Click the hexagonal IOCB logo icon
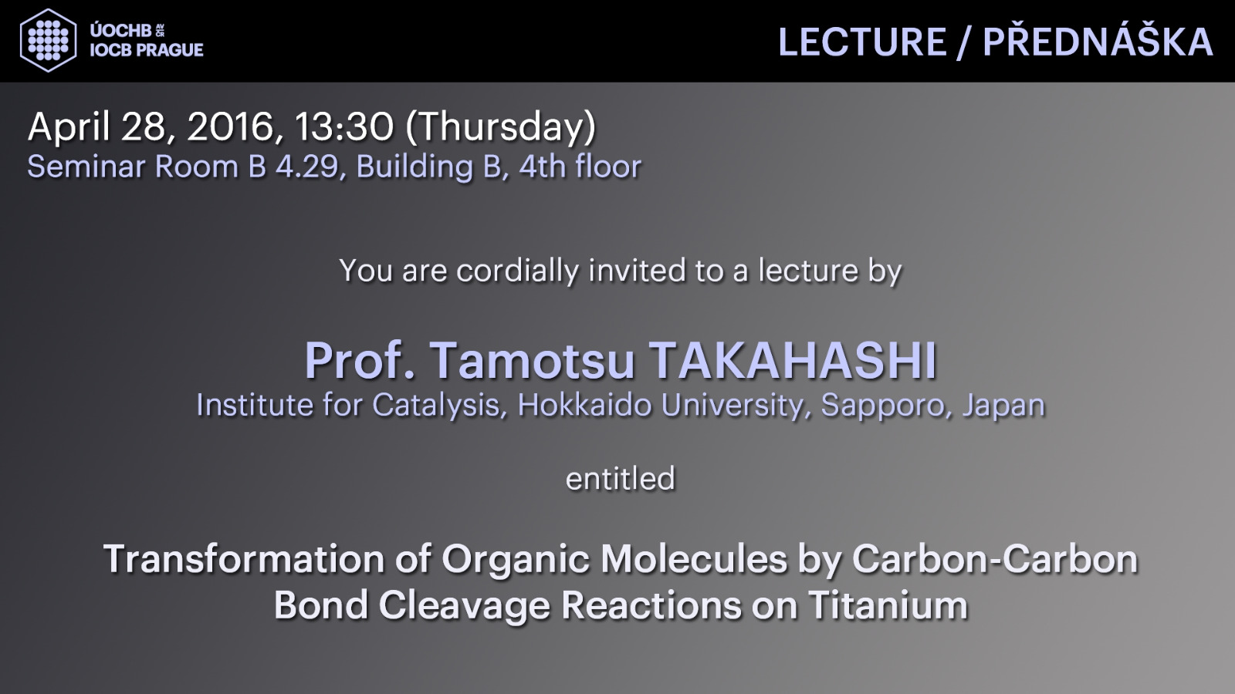pyautogui.click(x=49, y=40)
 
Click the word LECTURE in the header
pyautogui.click(x=862, y=42)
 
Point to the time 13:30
pyautogui.click(x=344, y=126)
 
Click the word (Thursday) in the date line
pyautogui.click(x=501, y=127)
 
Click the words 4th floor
pyautogui.click(x=580, y=167)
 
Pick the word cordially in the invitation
pyautogui.click(x=517, y=271)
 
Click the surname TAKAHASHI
pyautogui.click(x=792, y=362)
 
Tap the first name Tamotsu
pyautogui.click(x=532, y=362)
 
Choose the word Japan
pyautogui.click(x=1004, y=406)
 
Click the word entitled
pyautogui.click(x=621, y=478)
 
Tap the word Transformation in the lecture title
pyautogui.click(x=244, y=559)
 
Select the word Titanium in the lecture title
pyautogui.click(x=888, y=605)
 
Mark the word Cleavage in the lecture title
pyautogui.click(x=464, y=606)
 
